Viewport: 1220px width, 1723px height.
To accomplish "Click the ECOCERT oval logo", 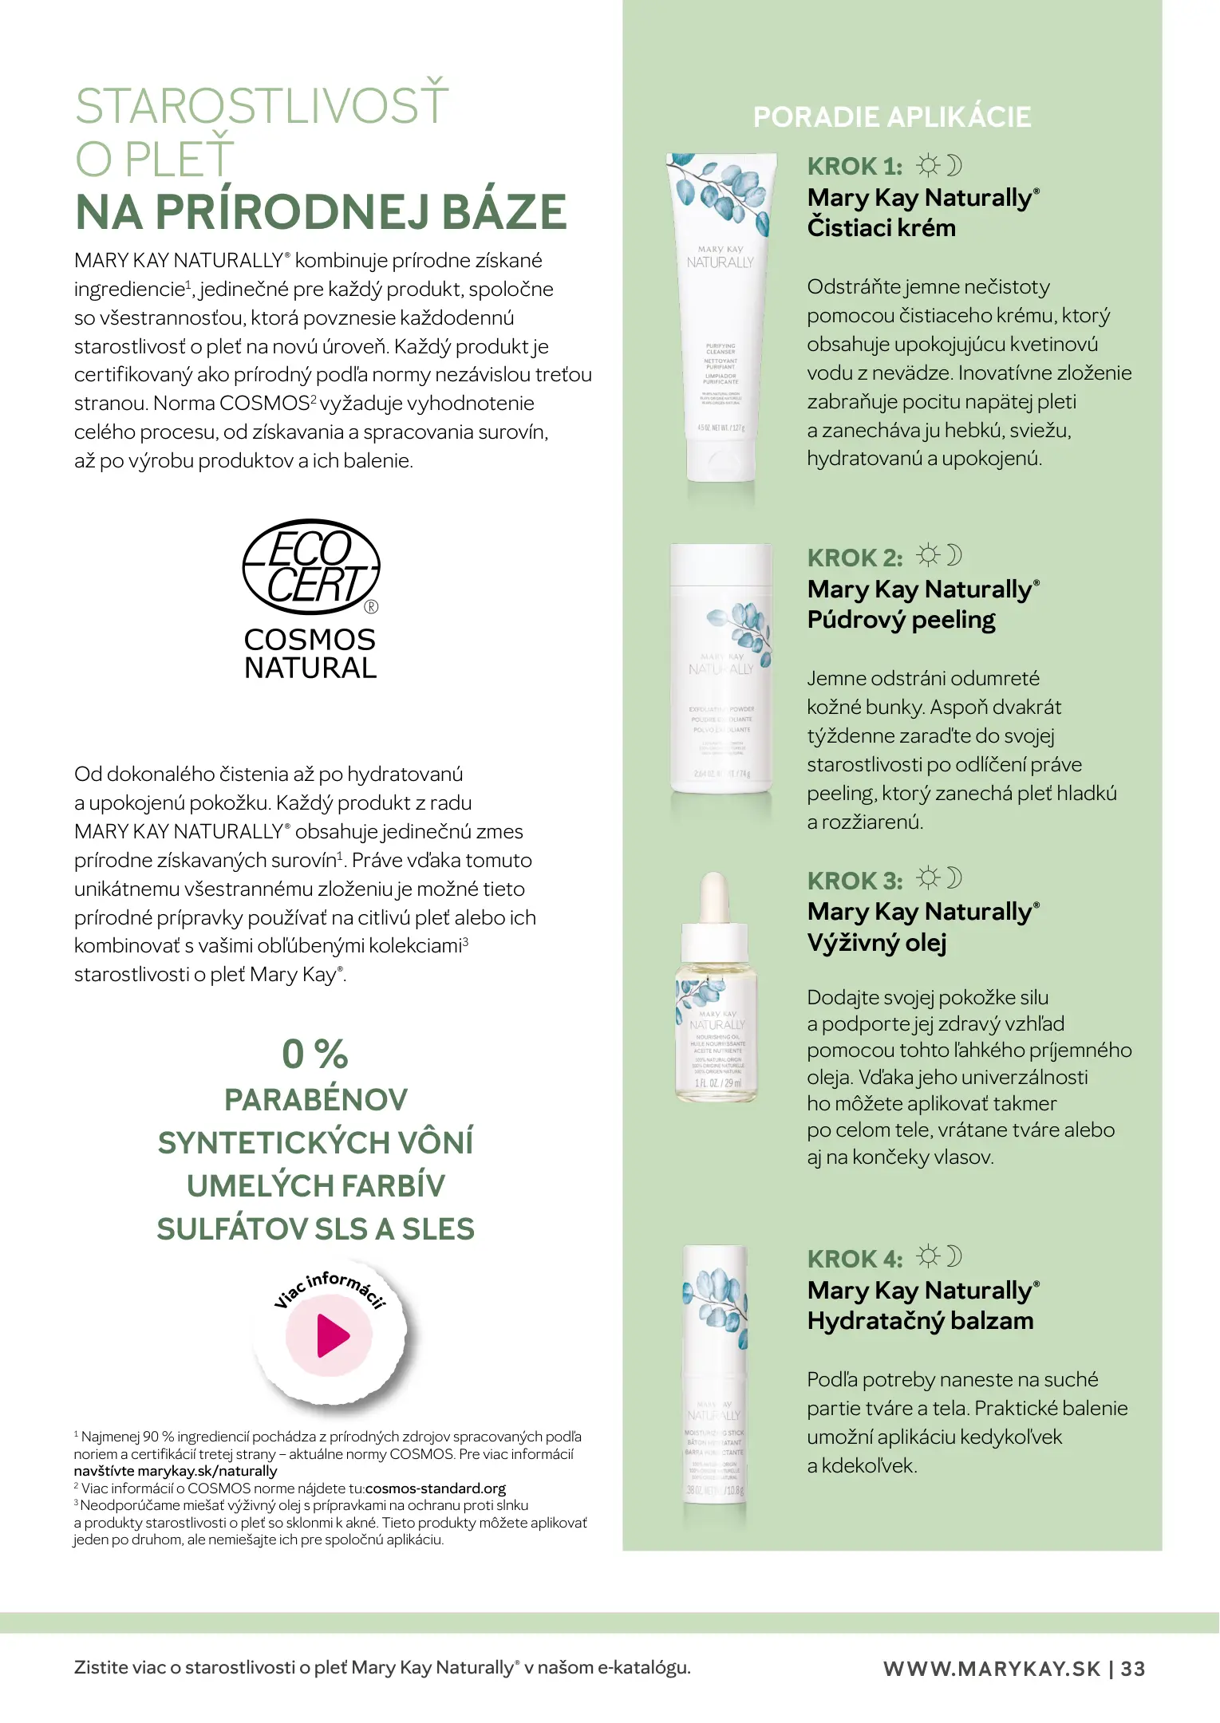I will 311,567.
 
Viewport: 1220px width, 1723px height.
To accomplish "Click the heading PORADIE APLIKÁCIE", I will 891,117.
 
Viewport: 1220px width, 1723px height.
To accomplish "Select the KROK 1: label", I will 855,167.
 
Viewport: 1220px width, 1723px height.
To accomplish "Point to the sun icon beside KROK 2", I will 927,555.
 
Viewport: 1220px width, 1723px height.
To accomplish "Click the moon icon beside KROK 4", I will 953,1256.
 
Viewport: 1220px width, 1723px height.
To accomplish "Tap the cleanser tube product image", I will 721,319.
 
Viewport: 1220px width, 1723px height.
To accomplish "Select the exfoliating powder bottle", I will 721,670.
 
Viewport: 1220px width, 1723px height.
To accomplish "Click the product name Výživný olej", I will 876,943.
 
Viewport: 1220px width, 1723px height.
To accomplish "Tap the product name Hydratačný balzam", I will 919,1321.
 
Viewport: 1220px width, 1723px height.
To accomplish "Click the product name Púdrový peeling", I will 901,620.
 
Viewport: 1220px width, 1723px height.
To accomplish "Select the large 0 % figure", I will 315,1054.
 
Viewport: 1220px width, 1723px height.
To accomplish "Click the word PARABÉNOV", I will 316,1100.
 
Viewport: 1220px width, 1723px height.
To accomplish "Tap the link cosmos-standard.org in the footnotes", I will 435,1488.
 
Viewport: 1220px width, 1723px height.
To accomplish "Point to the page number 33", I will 1133,1669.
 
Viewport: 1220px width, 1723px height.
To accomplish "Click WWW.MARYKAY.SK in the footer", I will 992,1669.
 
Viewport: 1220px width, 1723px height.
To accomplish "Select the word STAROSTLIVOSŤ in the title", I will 262,106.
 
